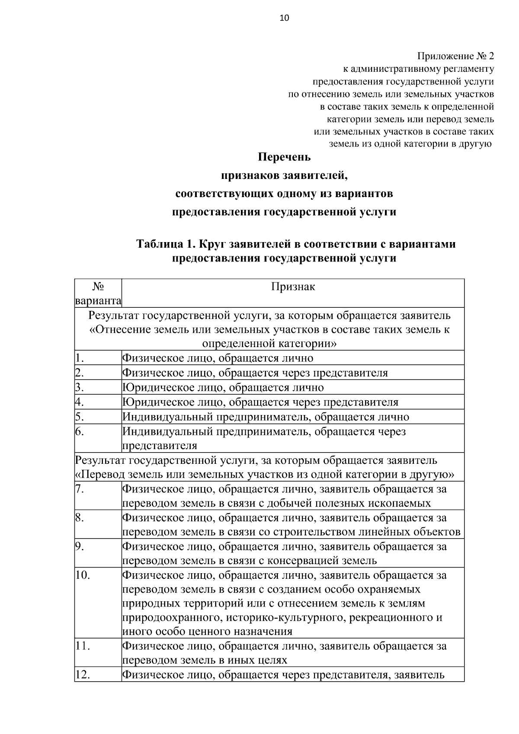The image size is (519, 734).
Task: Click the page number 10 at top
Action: (284, 18)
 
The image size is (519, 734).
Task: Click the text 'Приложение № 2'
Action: (455, 56)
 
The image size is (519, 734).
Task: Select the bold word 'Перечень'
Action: (284, 157)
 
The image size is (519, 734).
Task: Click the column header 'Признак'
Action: (293, 287)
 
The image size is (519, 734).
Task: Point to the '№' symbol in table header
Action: (98, 286)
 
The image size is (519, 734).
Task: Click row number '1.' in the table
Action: (79, 358)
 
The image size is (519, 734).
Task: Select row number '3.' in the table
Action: (79, 388)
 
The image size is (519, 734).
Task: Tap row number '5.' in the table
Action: (79, 417)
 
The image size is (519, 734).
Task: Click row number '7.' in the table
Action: (79, 489)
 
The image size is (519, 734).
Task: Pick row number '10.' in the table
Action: (82, 575)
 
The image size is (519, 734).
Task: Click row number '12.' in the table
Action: (82, 675)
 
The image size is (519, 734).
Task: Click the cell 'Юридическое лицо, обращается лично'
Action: (223, 388)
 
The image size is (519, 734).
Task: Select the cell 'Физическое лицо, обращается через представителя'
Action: (255, 373)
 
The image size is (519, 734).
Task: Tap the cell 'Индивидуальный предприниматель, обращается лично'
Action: (266, 417)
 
